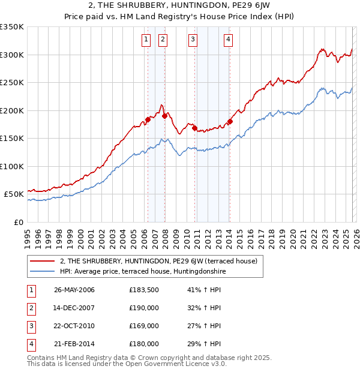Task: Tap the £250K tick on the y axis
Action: tap(12, 83)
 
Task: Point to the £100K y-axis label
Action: tap(12, 166)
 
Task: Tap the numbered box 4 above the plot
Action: tap(229, 40)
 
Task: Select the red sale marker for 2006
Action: tap(148, 120)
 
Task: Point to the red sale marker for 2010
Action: tap(194, 128)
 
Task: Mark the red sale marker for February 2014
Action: tap(230, 122)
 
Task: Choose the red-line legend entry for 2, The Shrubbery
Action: tap(158, 261)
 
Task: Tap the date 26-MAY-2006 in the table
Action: tap(74, 290)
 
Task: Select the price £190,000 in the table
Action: tap(144, 308)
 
